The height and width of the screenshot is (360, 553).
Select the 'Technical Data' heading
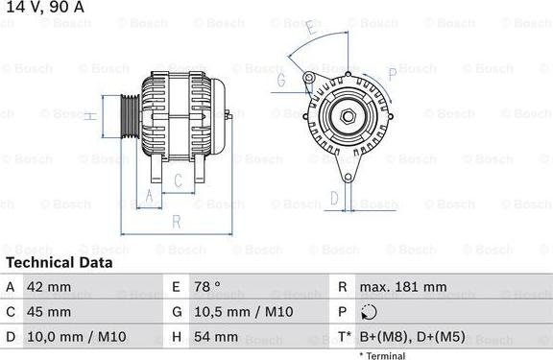60,262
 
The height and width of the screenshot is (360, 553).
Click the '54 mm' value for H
218,337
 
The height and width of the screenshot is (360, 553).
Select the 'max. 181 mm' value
402,287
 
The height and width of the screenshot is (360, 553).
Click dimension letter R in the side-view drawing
178,222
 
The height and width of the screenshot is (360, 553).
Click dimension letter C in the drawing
179,180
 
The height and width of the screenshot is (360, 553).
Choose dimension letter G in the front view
281,81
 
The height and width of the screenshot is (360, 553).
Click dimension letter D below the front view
334,198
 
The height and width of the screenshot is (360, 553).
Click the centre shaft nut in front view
348,117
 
